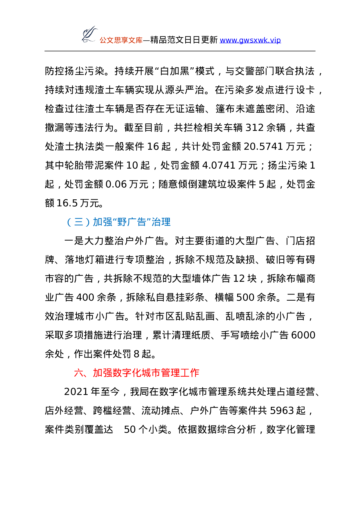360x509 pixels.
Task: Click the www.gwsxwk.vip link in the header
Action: pos(250,40)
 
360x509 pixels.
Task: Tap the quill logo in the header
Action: pos(89,35)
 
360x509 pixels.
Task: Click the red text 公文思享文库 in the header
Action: pos(121,40)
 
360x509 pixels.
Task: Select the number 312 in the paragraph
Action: pos(255,128)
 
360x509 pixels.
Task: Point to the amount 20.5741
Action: pos(263,147)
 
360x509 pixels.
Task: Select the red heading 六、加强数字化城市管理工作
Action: pos(136,373)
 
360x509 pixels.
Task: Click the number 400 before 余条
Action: pos(85,297)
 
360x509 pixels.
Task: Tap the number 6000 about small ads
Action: pos(303,335)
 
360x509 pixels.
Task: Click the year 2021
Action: pos(76,392)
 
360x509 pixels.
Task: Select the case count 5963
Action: pos(282,411)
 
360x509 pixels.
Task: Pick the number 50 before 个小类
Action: pos(130,429)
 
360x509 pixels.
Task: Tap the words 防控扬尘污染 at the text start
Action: pos(75,71)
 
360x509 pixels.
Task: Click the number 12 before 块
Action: pos(239,279)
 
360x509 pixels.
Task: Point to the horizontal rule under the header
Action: pos(180,51)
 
